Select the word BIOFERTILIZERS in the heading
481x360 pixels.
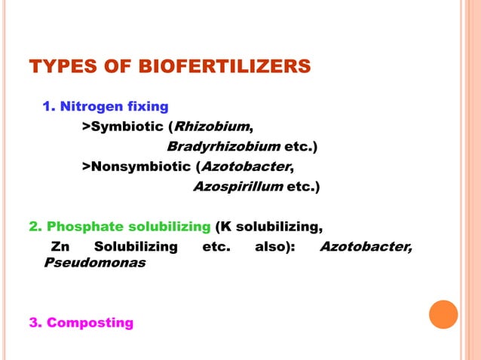224,67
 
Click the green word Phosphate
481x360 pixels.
81,226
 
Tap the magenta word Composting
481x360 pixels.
90,323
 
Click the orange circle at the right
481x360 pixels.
443,314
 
